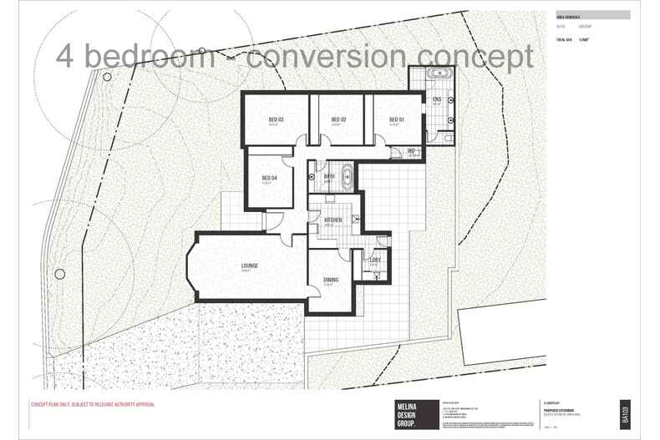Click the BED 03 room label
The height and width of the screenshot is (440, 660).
277,120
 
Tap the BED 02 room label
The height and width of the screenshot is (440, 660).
338,120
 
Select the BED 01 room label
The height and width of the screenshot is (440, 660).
397,120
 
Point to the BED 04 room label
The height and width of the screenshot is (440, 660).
269,178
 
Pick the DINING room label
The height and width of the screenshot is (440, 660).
330,281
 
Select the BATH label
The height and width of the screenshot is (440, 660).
330,176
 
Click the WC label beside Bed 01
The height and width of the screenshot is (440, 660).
411,151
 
